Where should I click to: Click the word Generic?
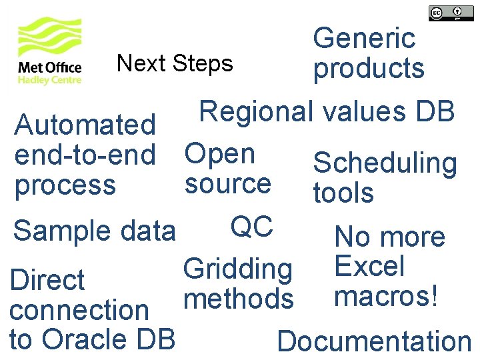tap(364, 39)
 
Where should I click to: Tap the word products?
tap(369, 68)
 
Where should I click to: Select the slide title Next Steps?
tap(175, 63)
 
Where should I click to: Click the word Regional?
tap(256, 111)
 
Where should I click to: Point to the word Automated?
tap(85, 125)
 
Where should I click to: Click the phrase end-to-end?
tap(85, 155)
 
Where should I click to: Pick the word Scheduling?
tap(385, 163)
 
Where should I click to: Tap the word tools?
tap(343, 193)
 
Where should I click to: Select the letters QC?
tap(251, 227)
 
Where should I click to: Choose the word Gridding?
tap(238, 269)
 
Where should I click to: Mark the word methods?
tap(238, 299)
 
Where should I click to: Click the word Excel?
tap(369, 266)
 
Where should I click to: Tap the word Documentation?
tap(374, 341)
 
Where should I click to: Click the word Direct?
tap(47, 280)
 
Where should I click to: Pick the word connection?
tap(79, 310)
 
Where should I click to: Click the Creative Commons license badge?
tap(446, 13)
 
